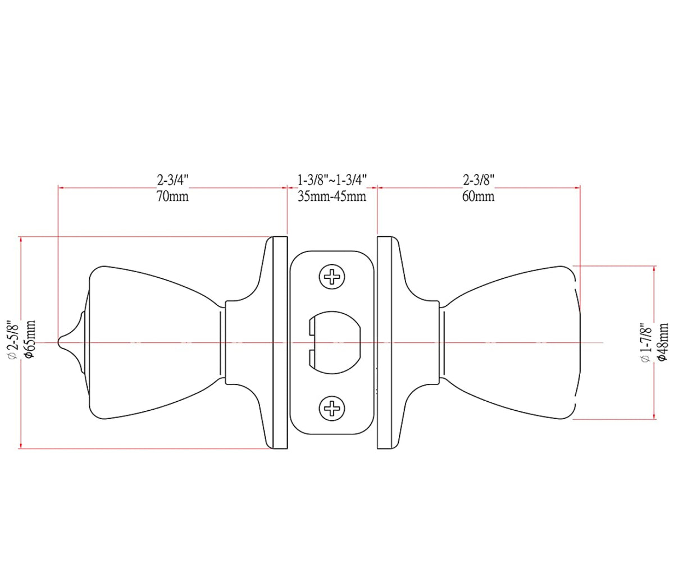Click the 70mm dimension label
(x=172, y=196)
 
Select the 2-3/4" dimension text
(x=172, y=180)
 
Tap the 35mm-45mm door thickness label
(x=332, y=196)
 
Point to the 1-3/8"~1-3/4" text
(x=332, y=180)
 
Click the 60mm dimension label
(x=479, y=196)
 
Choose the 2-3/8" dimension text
(x=479, y=180)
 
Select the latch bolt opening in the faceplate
(x=335, y=342)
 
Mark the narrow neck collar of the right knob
(x=441, y=342)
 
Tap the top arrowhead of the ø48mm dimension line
(x=654, y=268)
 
